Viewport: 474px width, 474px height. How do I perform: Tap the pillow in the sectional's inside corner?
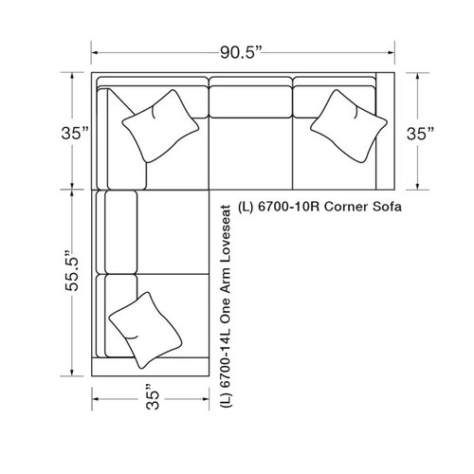[159, 122]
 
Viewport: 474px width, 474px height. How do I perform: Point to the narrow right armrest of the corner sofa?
[384, 133]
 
